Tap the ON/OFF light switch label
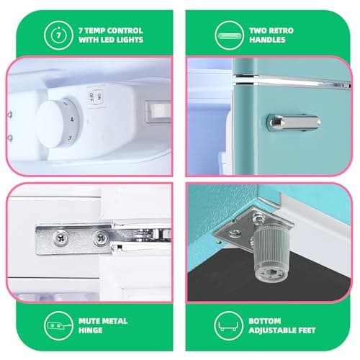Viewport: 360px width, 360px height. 96,97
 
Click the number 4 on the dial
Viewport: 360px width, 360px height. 72,119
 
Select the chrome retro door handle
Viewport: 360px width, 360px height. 294,122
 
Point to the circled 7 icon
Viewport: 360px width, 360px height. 58,35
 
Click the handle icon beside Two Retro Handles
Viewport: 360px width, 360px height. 229,35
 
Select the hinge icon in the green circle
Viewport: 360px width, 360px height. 58,325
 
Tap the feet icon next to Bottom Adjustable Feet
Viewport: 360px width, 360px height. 228,325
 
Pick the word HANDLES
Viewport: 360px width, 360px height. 267,40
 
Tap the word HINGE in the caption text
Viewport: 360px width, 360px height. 91,330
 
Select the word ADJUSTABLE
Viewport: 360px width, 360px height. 272,330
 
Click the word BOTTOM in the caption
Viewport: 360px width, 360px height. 265,321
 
